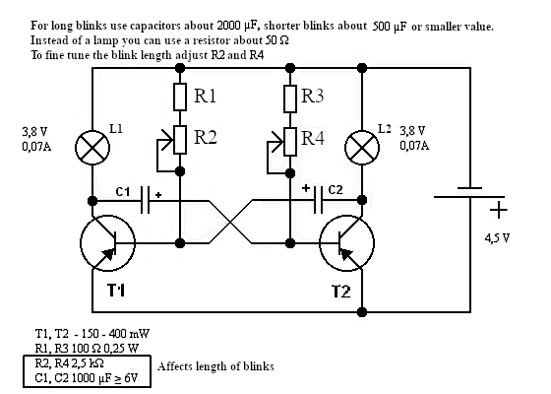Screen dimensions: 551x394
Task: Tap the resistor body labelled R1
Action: pos(180,97)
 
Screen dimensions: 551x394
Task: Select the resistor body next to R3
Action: pos(290,98)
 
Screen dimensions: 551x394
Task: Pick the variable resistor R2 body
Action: pos(180,140)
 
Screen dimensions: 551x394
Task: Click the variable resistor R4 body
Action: pos(290,142)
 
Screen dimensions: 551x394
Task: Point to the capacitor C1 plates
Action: pos(146,200)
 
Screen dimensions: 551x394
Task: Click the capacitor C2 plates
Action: pos(318,200)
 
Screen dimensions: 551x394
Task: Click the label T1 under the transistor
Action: pos(116,291)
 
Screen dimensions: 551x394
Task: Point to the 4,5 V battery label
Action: pos(497,238)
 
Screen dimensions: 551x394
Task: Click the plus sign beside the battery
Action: pos(498,211)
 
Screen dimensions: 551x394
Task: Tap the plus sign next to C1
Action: pos(158,195)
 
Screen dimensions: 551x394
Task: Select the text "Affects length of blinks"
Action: pos(215,366)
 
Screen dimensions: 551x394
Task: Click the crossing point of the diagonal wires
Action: pos(230,222)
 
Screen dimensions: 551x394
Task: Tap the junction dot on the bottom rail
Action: pos(362,312)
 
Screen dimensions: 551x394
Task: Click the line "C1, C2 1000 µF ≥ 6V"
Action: pos(87,378)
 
